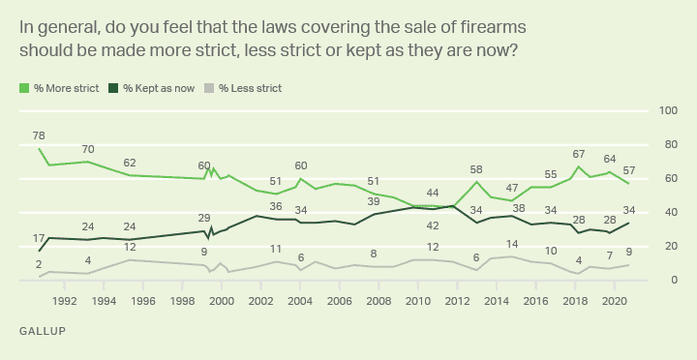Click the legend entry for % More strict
[62, 88]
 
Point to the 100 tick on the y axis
[666, 111]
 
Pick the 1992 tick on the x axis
[65, 301]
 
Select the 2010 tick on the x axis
[417, 301]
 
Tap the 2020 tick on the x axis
[613, 301]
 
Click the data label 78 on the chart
[39, 135]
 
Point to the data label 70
[88, 149]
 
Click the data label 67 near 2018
[579, 154]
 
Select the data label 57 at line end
[630, 170]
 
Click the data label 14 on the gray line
[512, 244]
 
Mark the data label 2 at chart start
[39, 264]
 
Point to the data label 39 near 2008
[374, 201]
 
